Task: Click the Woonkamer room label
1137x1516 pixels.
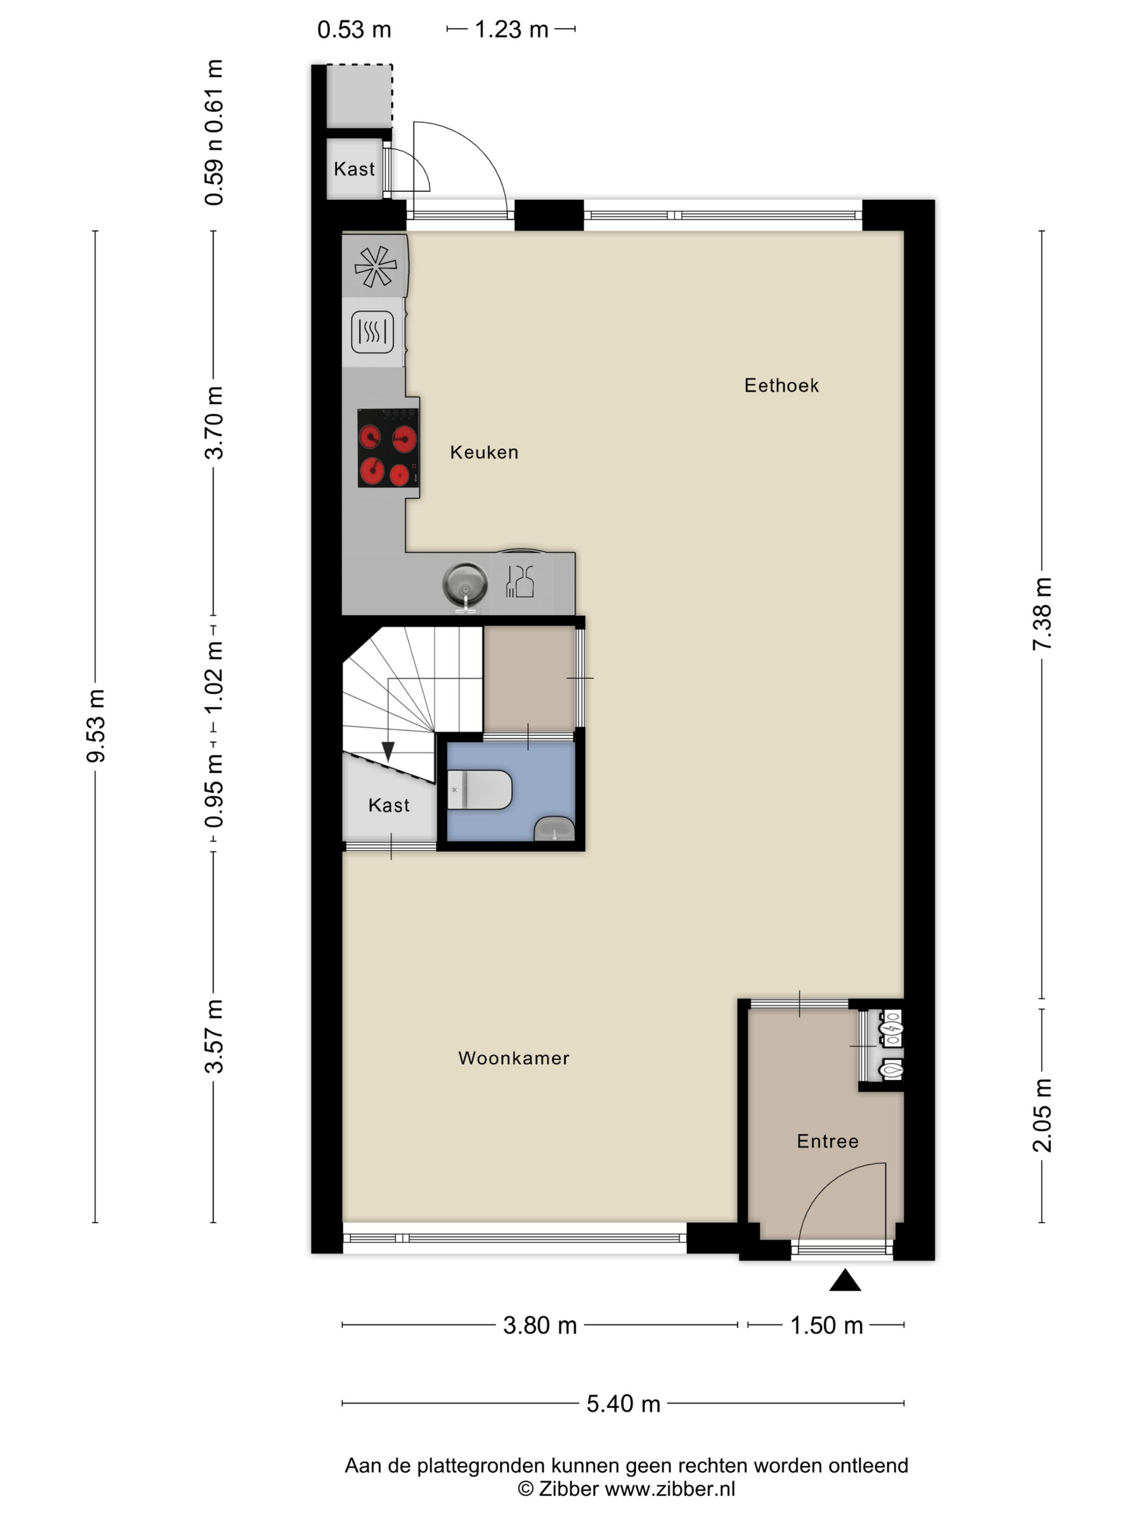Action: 513,1057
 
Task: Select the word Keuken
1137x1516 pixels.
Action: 484,452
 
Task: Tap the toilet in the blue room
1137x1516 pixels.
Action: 479,789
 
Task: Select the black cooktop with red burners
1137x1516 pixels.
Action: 388,448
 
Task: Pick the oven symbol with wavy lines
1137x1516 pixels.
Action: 372,332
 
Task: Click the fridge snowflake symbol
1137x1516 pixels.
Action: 375,266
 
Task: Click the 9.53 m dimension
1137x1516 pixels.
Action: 95,726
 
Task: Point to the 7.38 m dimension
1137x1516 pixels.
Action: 1041,614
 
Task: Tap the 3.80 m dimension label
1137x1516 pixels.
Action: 539,1325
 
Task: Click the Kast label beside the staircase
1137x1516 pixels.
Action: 389,805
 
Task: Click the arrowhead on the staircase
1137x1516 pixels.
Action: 388,752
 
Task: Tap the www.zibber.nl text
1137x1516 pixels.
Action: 670,1488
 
